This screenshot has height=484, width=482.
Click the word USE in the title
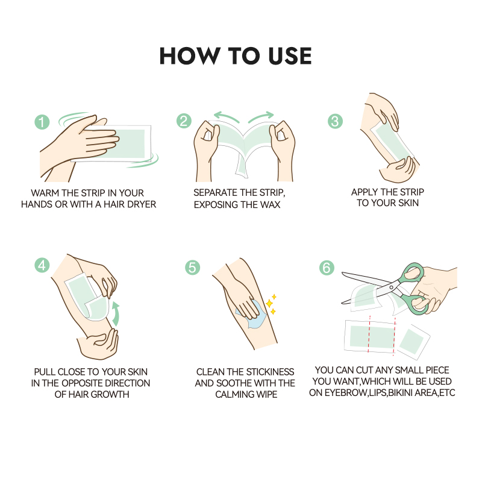(290, 56)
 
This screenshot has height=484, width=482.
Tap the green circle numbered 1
(42, 122)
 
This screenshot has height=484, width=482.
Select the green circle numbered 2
(184, 121)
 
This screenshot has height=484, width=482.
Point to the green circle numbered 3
(335, 121)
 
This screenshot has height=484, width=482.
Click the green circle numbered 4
(42, 265)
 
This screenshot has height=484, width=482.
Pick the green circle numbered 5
(193, 267)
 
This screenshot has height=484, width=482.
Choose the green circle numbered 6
(327, 268)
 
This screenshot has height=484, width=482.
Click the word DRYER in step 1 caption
(142, 204)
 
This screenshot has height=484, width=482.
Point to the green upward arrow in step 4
(116, 314)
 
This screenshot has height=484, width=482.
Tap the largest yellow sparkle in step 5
(269, 303)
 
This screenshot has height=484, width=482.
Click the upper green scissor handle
(413, 274)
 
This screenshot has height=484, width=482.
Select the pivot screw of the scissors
(391, 288)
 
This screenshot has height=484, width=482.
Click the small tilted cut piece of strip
(412, 342)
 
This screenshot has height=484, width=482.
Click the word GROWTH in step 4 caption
(110, 394)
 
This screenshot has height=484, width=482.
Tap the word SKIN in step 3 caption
(408, 203)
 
